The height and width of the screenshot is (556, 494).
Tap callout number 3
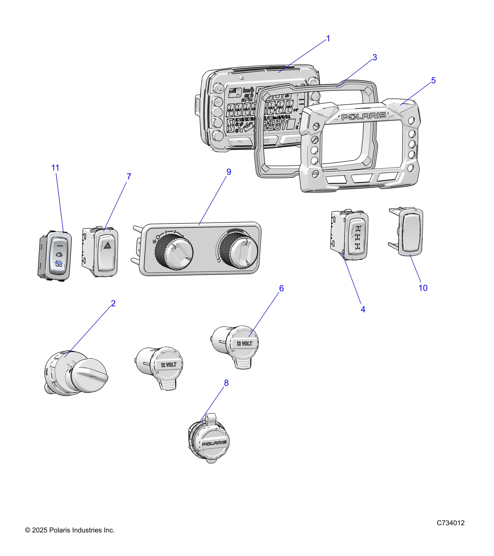tap(375, 57)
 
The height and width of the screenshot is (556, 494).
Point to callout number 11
tap(55, 168)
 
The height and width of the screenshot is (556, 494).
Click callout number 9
tap(229, 172)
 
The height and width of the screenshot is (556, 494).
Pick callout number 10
tap(423, 288)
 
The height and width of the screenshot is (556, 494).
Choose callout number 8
tap(226, 383)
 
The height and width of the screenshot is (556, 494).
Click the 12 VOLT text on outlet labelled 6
tap(244, 343)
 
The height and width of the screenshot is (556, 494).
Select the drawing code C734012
tap(451, 523)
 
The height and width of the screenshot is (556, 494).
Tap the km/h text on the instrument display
tap(248, 90)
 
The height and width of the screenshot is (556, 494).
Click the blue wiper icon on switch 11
tap(58, 263)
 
